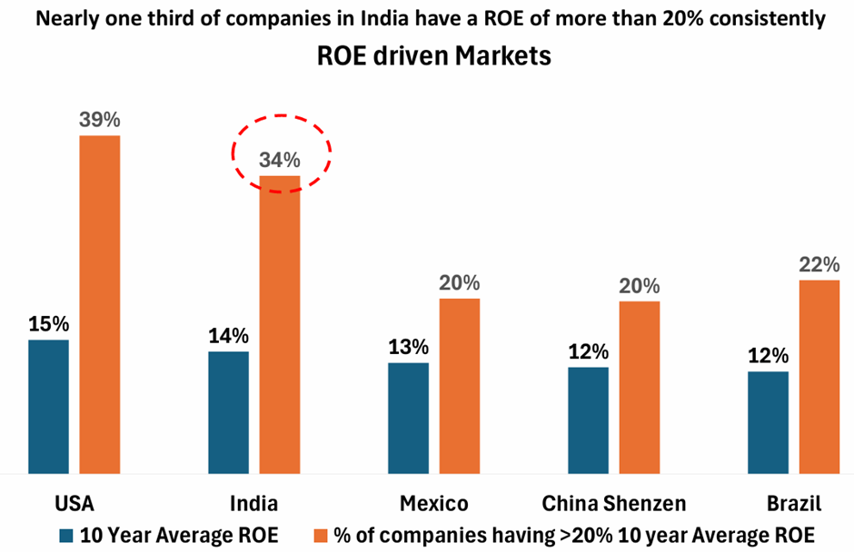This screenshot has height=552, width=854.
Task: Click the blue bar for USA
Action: coord(48,406)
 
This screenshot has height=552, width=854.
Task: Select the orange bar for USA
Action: coord(100,304)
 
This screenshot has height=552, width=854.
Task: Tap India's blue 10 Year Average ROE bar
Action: coord(228,412)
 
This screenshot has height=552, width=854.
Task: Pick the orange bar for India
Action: coord(280,324)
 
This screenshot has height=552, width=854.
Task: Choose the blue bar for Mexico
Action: coord(408,418)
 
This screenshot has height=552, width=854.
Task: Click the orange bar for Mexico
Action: coord(460,385)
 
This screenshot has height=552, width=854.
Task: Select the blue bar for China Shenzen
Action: coord(588,419)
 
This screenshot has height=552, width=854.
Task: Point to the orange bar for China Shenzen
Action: coord(640,387)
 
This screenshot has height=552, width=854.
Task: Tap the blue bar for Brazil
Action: coord(768,422)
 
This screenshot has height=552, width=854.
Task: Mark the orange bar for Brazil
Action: coord(819,376)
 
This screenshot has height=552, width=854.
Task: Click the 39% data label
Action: coord(100,120)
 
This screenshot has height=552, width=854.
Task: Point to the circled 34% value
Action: coord(280,160)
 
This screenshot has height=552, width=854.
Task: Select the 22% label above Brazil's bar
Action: coord(819,264)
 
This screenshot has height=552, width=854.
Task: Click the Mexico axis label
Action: coord(433,503)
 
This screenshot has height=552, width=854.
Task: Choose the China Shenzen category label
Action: coord(613,503)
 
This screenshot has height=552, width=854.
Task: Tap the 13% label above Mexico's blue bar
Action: coord(408,347)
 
